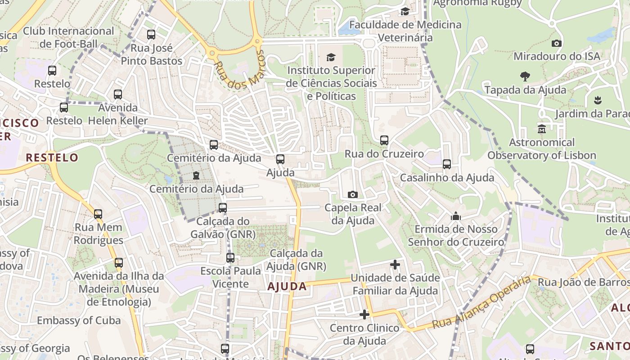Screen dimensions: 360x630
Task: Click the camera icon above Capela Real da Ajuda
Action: pos(353,194)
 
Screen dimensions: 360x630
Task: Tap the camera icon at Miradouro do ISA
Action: pos(557,43)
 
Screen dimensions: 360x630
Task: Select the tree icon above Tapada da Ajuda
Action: pos(525,76)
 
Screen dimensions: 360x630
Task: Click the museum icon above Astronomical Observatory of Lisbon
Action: pos(542,129)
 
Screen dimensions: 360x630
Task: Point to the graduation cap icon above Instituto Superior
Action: pos(331,57)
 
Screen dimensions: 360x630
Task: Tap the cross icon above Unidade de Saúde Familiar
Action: pos(395,265)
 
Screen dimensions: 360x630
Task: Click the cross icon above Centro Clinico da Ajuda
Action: pos(364,314)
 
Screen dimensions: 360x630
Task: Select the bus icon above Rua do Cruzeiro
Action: pos(384,140)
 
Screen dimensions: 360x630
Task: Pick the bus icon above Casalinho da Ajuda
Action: pos(446,164)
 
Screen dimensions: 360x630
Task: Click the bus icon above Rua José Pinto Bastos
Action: pos(151,35)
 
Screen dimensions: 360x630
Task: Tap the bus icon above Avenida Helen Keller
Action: pos(118,94)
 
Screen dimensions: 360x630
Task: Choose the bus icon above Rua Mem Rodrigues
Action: pos(98,214)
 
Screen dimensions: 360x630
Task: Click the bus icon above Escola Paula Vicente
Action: pos(230,258)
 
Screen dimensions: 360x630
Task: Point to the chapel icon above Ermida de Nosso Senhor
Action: pos(456,216)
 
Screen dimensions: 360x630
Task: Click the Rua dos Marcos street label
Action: pos(238,70)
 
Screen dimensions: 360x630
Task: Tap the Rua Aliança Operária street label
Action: pos(481,302)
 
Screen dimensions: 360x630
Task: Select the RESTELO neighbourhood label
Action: pos(52,157)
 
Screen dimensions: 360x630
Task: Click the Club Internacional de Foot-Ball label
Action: pos(68,37)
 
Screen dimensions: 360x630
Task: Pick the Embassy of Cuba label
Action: pos(79,320)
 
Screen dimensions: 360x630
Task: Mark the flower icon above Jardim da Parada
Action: pos(598,100)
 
